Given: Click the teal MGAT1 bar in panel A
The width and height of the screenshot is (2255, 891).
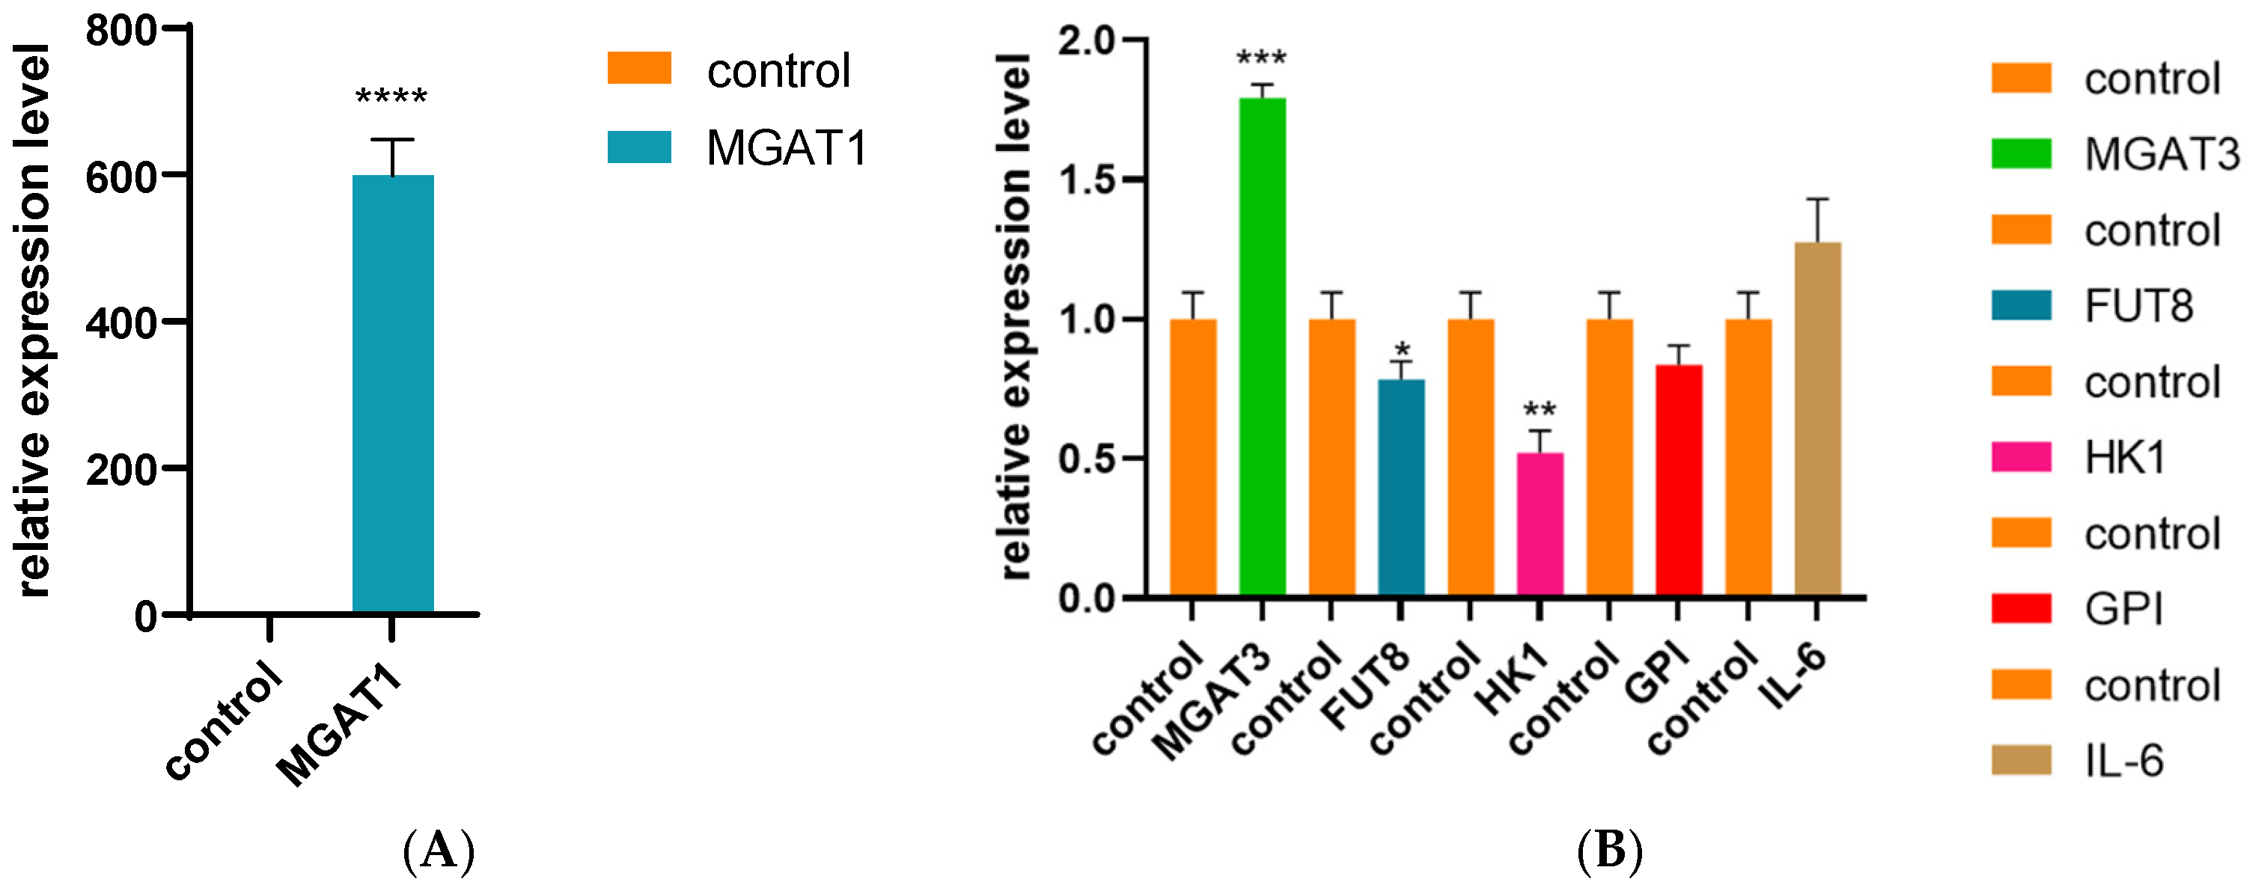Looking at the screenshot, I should pos(393,394).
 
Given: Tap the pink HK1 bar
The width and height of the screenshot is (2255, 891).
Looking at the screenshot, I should pos(1540,525).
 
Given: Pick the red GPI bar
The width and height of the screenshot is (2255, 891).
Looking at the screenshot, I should pos(1679,481).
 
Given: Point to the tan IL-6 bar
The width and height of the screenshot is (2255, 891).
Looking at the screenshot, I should pos(1818,420).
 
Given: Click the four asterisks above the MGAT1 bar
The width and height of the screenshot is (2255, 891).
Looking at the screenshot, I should pos(391,97).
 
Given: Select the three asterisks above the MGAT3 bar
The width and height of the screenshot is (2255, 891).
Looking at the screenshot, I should pos(1261,60).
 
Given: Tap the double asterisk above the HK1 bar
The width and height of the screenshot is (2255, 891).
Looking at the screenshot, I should pos(1540,410).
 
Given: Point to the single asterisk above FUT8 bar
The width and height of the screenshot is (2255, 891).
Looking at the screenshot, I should pos(1403,350).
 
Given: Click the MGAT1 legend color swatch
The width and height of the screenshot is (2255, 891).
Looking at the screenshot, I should pos(639,147).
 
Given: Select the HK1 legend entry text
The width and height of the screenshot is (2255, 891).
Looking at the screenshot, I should pos(2125,458).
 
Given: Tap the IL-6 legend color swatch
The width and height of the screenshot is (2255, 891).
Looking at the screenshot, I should pos(2021,761).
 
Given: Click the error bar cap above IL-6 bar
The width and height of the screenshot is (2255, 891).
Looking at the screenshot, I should pos(1818,200).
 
